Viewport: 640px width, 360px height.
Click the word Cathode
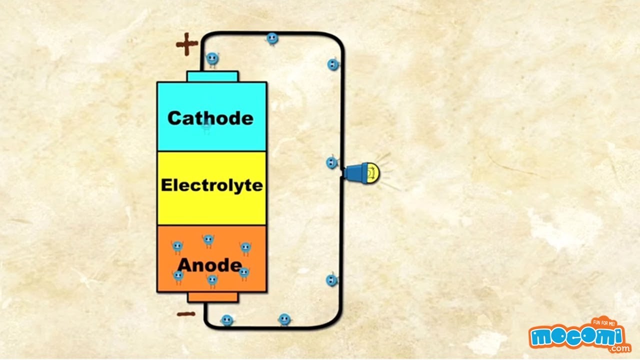210,118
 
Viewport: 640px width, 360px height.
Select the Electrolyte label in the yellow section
211,185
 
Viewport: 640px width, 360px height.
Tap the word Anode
209,265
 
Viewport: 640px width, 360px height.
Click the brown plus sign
187,44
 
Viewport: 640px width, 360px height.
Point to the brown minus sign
186,314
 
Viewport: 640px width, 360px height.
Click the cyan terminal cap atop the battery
212,76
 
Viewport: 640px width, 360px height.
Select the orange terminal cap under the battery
212,297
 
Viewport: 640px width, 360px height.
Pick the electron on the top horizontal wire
272,38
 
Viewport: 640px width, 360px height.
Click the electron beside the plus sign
212,59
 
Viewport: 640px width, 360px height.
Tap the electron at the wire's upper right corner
333,64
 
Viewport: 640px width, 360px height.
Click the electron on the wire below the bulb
331,280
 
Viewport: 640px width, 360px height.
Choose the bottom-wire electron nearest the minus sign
226,320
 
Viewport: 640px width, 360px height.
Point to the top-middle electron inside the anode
208,241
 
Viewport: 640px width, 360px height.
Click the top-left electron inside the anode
177,246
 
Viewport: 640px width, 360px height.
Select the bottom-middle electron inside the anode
212,279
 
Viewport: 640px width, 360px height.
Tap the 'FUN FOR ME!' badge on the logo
603,323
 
